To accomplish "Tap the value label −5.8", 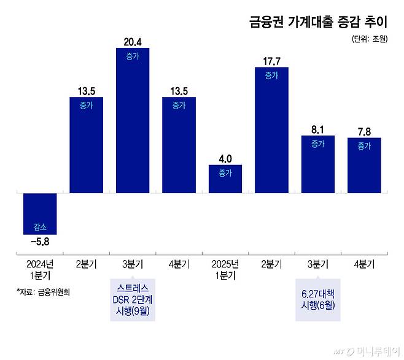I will coord(40,242).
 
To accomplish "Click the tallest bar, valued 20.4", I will coord(133,120).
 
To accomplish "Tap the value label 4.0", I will coord(225,158).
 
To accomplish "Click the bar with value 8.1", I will coord(317,164).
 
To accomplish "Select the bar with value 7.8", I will coord(364,165).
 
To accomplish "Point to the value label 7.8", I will coord(364,130).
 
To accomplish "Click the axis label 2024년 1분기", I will coord(40,269).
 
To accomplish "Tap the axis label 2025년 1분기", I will coord(225,269).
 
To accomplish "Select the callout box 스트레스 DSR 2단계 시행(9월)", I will coord(133,300).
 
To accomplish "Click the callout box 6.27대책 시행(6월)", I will coord(318,300).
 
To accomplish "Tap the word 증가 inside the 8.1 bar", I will coord(317,144).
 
